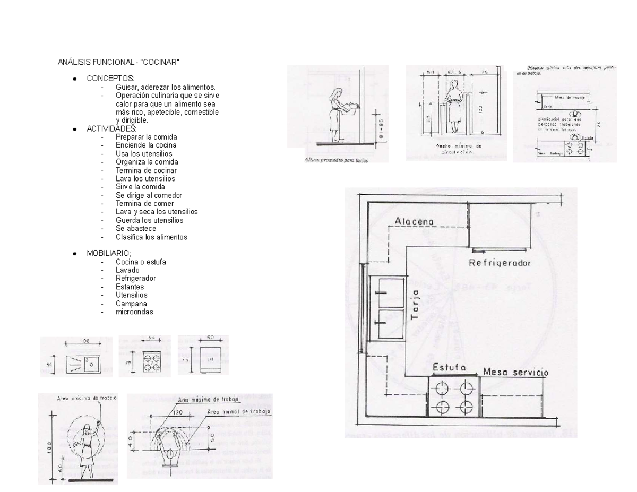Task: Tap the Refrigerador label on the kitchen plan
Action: pyautogui.click(x=500, y=263)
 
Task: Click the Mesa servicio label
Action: pyautogui.click(x=515, y=373)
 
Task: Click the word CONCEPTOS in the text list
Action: pyautogui.click(x=110, y=79)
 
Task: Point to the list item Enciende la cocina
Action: pyautogui.click(x=146, y=145)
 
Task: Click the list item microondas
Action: pyautogui.click(x=134, y=312)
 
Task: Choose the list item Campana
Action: pyautogui.click(x=131, y=304)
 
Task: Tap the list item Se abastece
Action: pyautogui.click(x=136, y=228)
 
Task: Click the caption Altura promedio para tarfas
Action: pyautogui.click(x=337, y=160)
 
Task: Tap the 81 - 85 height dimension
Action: pyautogui.click(x=380, y=127)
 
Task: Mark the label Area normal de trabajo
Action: pyautogui.click(x=239, y=411)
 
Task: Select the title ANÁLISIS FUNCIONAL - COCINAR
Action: pyautogui.click(x=118, y=62)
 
